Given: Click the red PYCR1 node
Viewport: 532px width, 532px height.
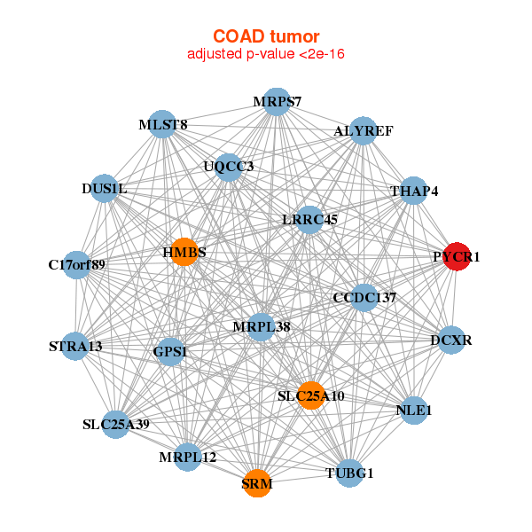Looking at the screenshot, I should click(x=456, y=256).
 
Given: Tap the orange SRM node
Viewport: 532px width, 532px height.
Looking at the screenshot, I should click(x=257, y=483).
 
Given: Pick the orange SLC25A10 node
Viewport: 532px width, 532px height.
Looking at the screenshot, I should click(x=310, y=395).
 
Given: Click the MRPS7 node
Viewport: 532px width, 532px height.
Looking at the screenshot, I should click(x=277, y=101).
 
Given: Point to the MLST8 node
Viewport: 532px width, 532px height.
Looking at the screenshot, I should click(x=163, y=125).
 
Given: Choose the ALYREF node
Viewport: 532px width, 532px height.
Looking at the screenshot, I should click(x=363, y=131).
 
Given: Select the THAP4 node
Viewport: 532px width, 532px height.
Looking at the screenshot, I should click(x=414, y=191).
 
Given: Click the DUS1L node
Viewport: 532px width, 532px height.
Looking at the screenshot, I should click(x=105, y=188).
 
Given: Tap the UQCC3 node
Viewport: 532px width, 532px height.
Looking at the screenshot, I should click(x=229, y=166).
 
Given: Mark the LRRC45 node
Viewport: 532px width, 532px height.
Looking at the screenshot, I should click(x=309, y=219).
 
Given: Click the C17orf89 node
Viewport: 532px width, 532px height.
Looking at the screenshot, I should click(x=77, y=264).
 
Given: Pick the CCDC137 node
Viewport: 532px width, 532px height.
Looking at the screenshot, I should click(x=364, y=297).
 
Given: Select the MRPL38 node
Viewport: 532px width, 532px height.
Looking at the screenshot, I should click(x=262, y=326).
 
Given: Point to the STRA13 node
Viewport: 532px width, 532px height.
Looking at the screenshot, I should click(x=75, y=346).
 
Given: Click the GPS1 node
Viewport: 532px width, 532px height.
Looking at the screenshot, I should click(x=170, y=352).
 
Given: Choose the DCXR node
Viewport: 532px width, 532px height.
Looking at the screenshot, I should click(x=451, y=340).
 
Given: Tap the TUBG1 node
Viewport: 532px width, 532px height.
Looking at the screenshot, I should click(x=350, y=473).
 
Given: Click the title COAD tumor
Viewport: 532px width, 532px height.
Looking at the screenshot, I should click(x=266, y=35).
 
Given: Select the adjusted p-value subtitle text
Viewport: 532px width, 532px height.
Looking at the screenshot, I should click(x=266, y=54).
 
